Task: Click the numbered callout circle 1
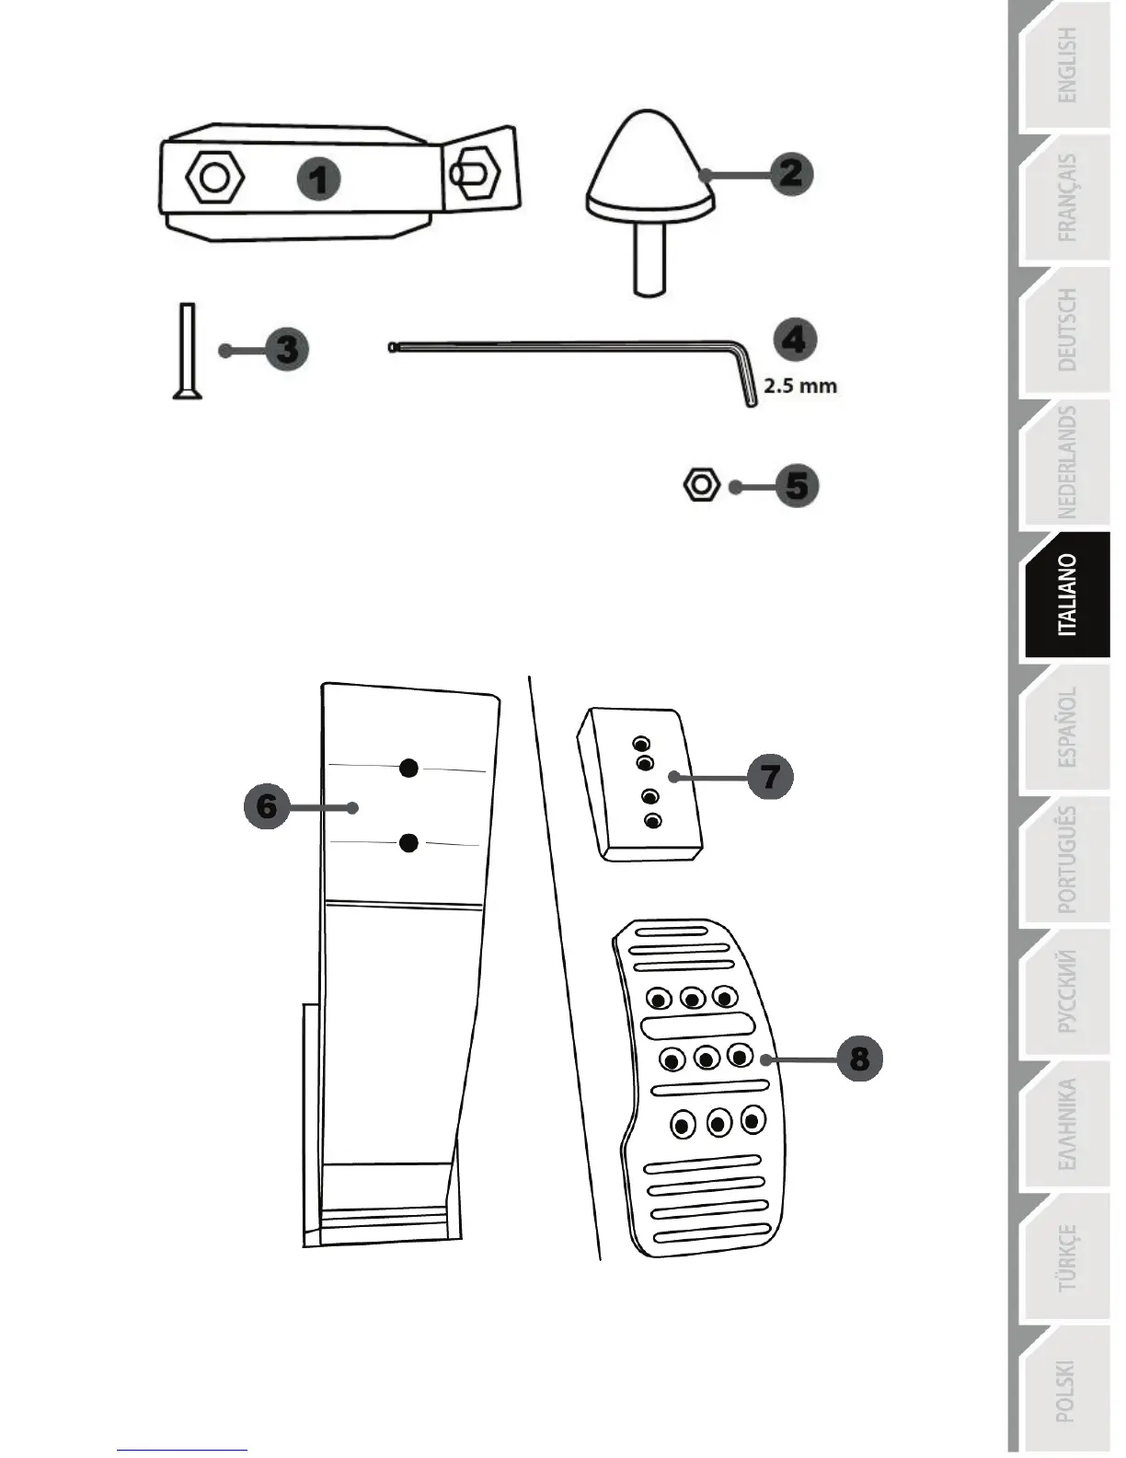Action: tap(318, 179)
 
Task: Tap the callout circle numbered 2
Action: tap(790, 174)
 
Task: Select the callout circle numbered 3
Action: tap(286, 350)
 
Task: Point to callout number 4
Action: tap(794, 340)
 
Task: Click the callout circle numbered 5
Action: tap(796, 486)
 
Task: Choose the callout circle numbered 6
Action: tap(267, 806)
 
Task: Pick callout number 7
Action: tap(769, 776)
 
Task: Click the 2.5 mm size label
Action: tap(800, 386)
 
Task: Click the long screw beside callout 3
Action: tap(187, 351)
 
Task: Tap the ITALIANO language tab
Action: tap(1067, 595)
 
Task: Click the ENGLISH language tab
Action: tap(1067, 64)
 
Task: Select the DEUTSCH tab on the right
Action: tap(1067, 330)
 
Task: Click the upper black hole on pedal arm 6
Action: tap(409, 767)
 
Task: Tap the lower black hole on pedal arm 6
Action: tap(409, 841)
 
